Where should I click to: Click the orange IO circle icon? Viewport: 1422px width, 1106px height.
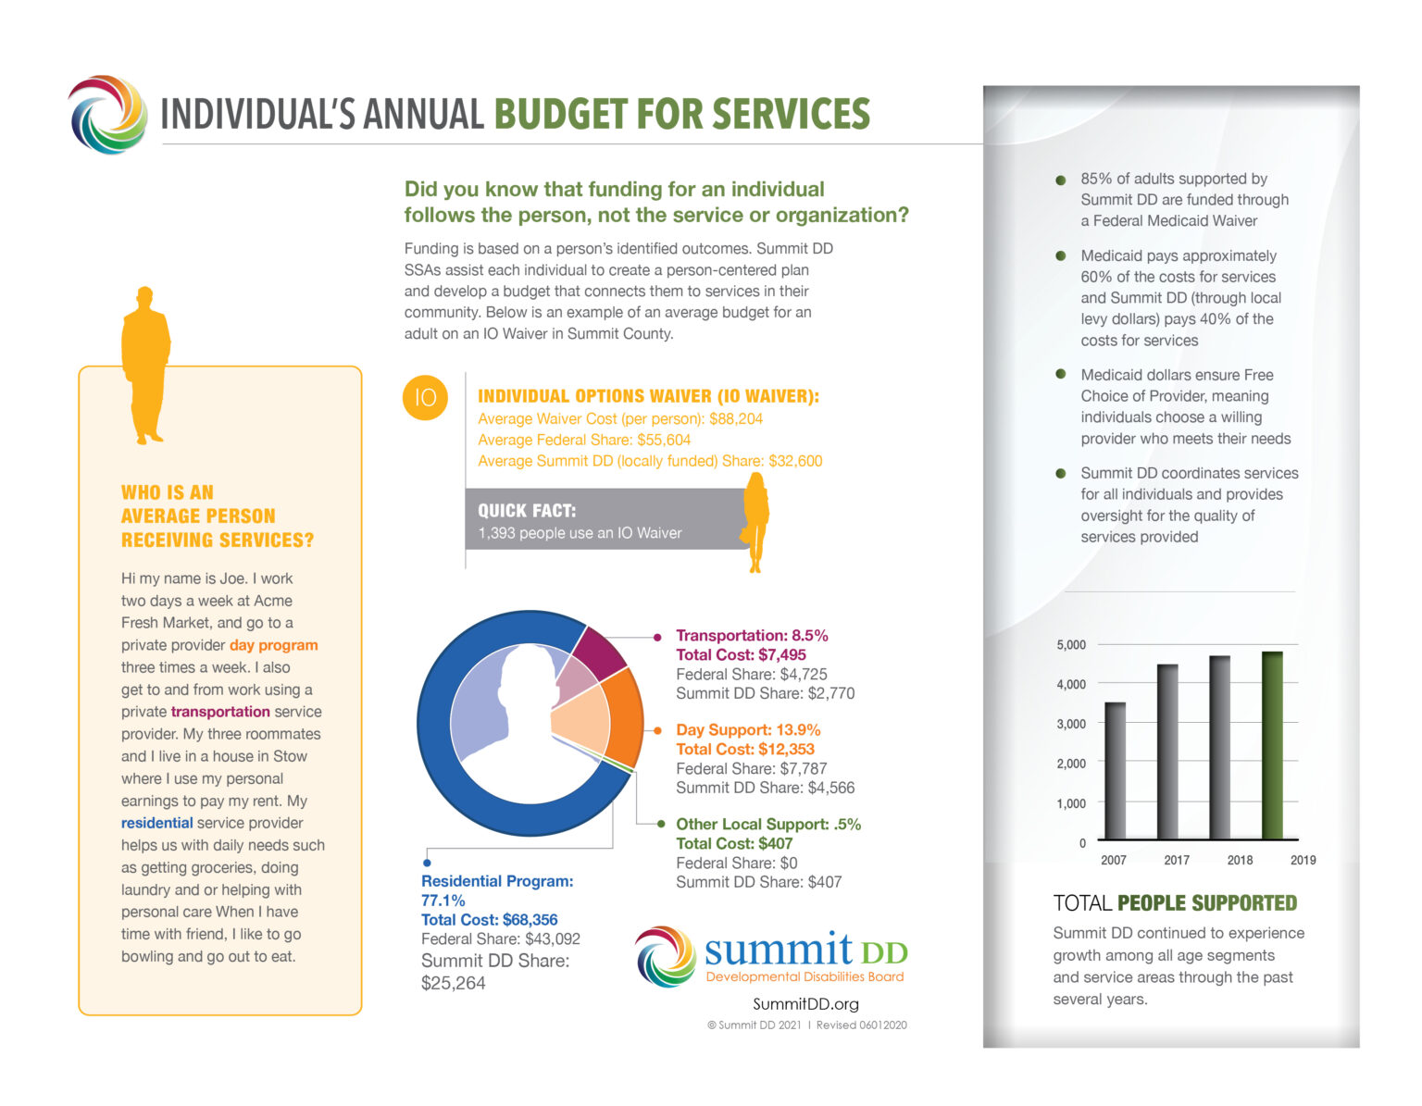425,398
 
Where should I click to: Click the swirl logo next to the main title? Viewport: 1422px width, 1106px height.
108,115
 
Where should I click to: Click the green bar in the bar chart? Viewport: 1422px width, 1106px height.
1272,746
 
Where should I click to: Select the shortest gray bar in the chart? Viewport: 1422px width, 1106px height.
1115,771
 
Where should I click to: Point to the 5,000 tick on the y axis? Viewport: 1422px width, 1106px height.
1071,645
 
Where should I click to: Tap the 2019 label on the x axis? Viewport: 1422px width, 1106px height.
1303,860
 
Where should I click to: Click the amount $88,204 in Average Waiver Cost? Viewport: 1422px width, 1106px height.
736,419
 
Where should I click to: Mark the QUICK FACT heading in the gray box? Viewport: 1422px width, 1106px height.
527,511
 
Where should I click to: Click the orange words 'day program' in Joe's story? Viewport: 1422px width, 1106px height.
273,645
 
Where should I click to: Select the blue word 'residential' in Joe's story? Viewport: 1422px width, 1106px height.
156,823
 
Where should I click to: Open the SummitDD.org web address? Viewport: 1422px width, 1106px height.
805,1004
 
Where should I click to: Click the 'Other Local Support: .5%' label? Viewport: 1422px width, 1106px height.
767,824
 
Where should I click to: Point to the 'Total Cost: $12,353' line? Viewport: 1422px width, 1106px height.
744,750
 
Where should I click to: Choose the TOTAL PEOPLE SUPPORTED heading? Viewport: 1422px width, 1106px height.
1175,903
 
